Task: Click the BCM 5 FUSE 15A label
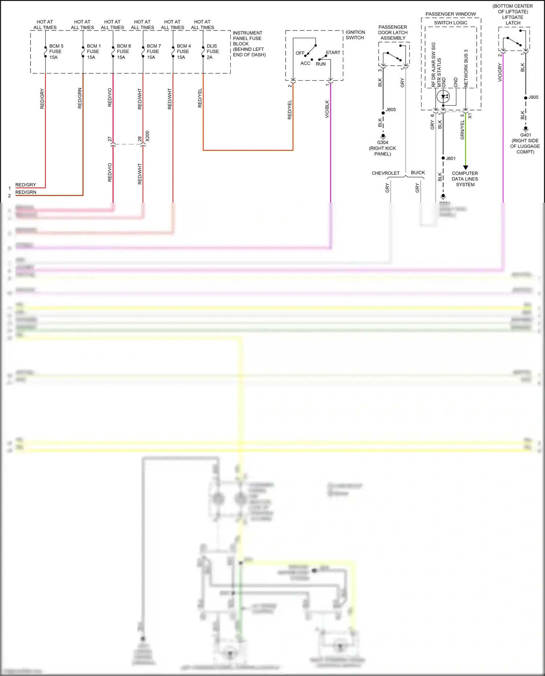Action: [x=56, y=52]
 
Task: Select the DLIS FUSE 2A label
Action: [x=213, y=52]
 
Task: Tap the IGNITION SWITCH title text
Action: [x=355, y=35]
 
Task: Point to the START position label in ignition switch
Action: [x=333, y=53]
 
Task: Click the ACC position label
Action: [x=305, y=63]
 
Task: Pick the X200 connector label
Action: [x=147, y=136]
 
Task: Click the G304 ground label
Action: [x=383, y=143]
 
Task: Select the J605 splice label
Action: [x=391, y=110]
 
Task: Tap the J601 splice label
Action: [x=451, y=158]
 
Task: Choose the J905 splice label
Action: [x=533, y=97]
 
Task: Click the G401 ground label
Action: [x=525, y=135]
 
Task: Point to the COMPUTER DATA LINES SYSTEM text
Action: [x=465, y=179]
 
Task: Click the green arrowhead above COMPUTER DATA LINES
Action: [x=466, y=168]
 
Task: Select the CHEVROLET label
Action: [x=385, y=173]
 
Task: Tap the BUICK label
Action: [x=418, y=173]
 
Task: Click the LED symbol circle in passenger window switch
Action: [x=443, y=97]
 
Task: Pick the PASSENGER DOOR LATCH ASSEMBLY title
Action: [x=393, y=33]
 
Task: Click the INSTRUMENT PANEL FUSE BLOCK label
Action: [x=249, y=44]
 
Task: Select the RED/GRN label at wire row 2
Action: [x=26, y=192]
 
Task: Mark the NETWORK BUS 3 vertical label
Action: [x=466, y=68]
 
